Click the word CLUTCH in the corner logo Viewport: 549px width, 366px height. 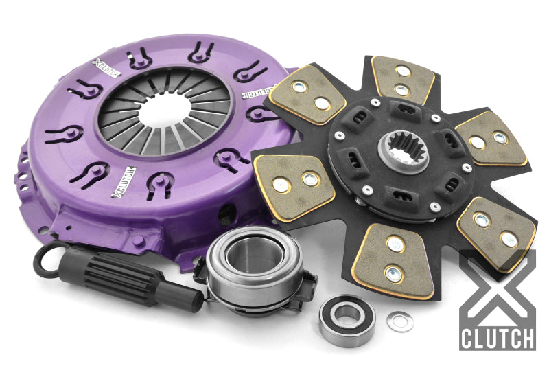click(x=498, y=339)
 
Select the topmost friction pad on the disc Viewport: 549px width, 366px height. click(x=404, y=80)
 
